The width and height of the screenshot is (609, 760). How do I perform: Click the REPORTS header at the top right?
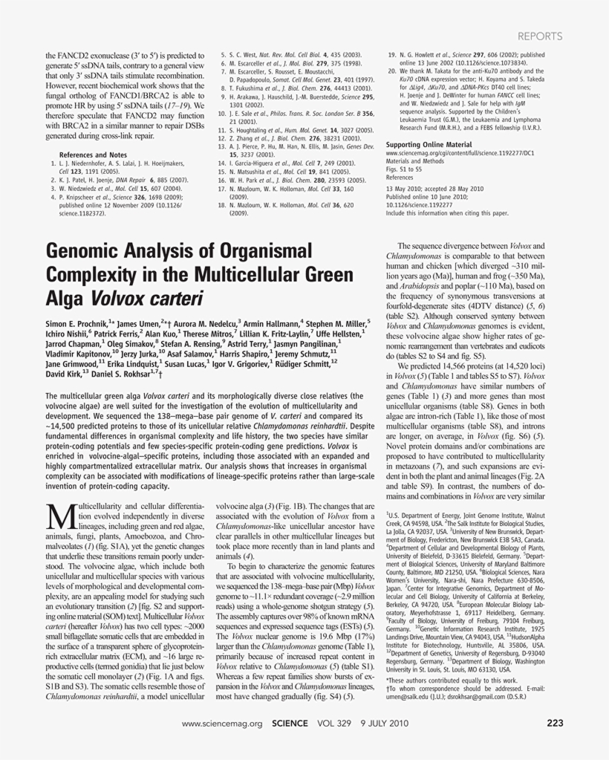tap(540, 36)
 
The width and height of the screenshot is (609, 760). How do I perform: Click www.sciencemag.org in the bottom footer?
tap(223, 723)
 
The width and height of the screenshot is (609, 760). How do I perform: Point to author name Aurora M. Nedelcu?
tap(209, 324)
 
